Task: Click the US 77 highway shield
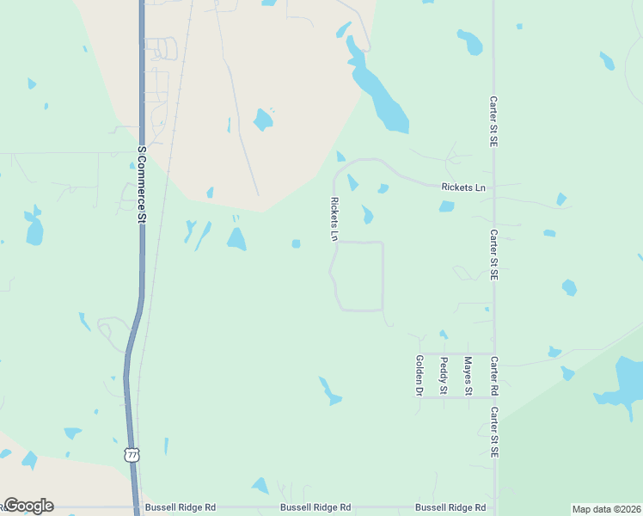[x=131, y=453]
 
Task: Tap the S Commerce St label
[x=142, y=184]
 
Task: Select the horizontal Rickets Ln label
[x=463, y=187]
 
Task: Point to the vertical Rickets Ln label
[x=334, y=219]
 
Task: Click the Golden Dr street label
[x=419, y=376]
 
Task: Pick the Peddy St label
[x=444, y=376]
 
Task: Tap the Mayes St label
[x=468, y=376]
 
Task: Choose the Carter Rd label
[x=494, y=376]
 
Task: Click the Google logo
[x=28, y=506]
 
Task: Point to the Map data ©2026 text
[x=606, y=509]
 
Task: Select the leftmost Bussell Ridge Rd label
[x=181, y=508]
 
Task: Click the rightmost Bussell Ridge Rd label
[x=450, y=508]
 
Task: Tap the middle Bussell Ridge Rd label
[x=315, y=508]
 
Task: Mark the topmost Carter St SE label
[x=494, y=121]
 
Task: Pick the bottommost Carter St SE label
[x=494, y=432]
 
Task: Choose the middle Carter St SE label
[x=494, y=255]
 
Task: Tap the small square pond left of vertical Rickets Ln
[x=296, y=243]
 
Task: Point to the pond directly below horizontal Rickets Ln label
[x=446, y=206]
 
